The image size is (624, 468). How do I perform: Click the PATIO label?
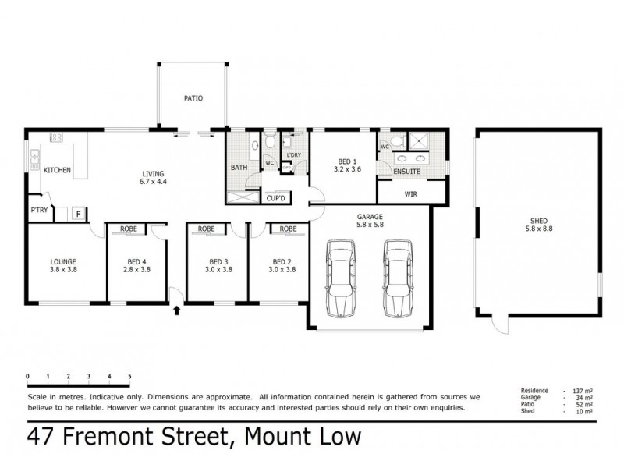[193, 99]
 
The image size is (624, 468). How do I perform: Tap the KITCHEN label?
[58, 170]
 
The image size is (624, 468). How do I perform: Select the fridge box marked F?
[78, 212]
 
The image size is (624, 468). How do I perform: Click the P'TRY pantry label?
[39, 211]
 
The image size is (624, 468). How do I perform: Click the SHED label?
[539, 221]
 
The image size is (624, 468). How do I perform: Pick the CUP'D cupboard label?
[275, 198]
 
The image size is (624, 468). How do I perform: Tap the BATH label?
[239, 167]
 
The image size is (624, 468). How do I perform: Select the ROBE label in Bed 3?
[207, 229]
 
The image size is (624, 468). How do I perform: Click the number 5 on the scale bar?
[129, 376]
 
